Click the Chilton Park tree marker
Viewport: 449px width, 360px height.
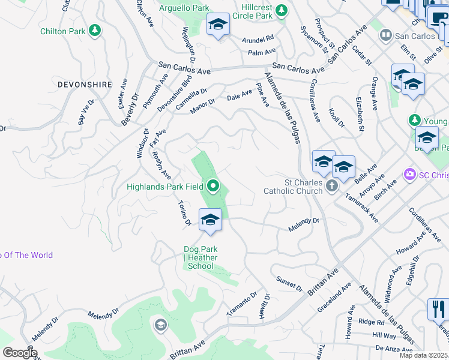(x=94, y=30)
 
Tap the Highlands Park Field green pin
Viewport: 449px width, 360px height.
(x=212, y=187)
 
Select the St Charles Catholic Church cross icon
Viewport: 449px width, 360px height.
(x=332, y=187)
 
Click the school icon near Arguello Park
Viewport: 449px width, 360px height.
(x=218, y=25)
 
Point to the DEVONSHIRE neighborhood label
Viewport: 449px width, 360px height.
(x=85, y=85)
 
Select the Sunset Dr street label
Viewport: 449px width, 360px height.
(x=289, y=284)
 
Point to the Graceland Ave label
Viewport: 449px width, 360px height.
(x=334, y=299)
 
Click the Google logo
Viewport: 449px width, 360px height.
(x=19, y=353)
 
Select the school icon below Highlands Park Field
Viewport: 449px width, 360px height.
(x=210, y=220)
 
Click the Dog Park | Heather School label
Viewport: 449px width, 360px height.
(x=200, y=257)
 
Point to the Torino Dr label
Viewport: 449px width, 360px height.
(x=184, y=214)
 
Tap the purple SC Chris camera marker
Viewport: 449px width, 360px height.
(x=411, y=175)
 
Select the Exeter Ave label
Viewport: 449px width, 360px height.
(x=124, y=94)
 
